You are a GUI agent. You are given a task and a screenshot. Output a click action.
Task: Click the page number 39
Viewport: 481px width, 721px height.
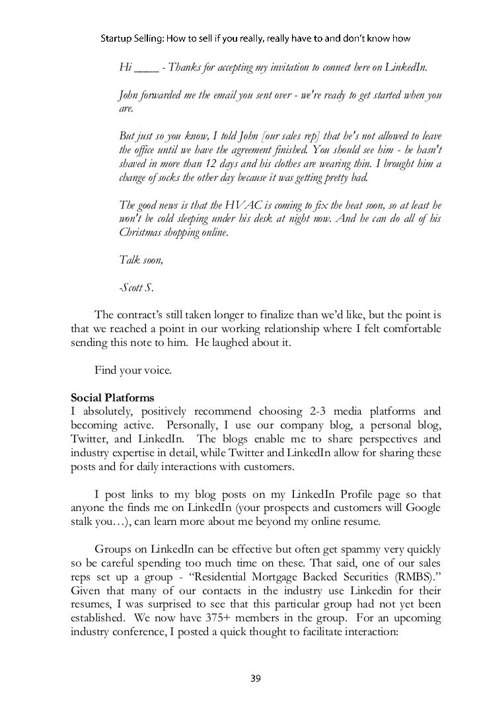click(254, 677)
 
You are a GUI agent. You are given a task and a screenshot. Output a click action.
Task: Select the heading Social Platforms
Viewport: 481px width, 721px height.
click(112, 398)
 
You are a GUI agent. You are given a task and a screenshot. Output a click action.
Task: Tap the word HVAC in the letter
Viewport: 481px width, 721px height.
click(227, 206)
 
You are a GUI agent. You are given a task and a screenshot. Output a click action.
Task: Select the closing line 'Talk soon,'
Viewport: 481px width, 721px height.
click(140, 260)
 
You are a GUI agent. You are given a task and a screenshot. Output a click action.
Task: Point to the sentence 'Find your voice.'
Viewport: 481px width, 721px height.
click(133, 370)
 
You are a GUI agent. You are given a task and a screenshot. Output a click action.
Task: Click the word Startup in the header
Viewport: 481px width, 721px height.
click(120, 40)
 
